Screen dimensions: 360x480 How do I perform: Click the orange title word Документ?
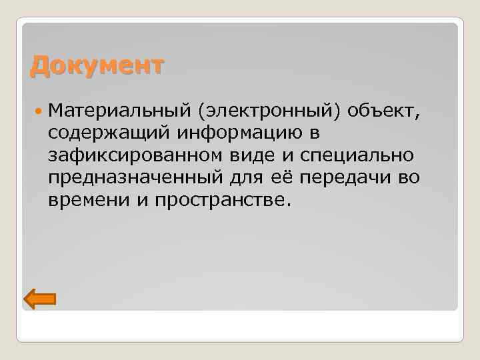[97, 67]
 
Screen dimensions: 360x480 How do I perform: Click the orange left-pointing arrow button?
[39, 299]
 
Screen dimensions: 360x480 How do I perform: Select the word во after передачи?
[405, 177]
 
